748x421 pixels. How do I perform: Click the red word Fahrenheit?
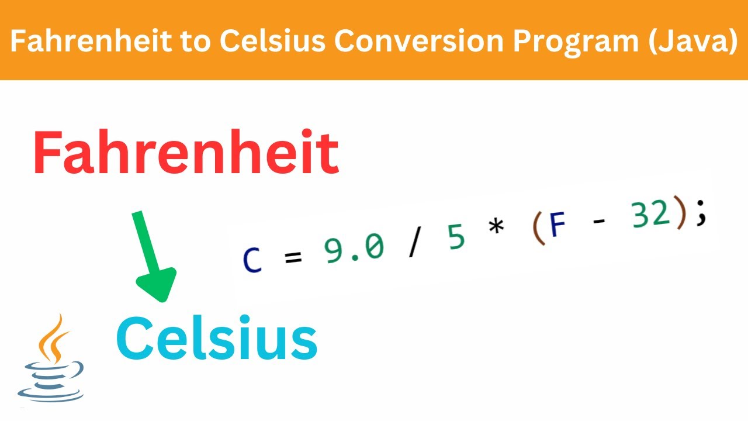[x=186, y=153]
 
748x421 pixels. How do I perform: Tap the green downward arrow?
[x=153, y=258]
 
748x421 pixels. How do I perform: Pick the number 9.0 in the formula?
[x=354, y=247]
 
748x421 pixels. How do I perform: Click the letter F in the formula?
[x=559, y=226]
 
